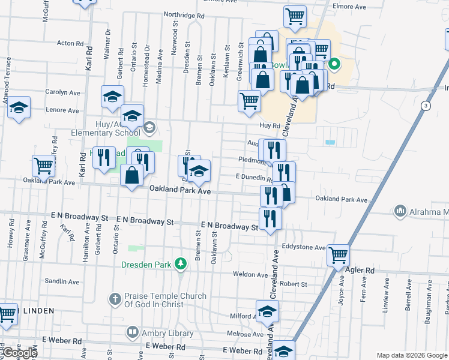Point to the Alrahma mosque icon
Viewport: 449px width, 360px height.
click(400, 211)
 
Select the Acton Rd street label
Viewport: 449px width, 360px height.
click(70, 43)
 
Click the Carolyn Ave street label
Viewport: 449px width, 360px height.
click(62, 92)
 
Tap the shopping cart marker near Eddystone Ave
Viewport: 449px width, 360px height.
click(339, 254)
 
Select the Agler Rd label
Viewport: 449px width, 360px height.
click(361, 271)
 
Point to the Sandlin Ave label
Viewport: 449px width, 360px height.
click(62, 281)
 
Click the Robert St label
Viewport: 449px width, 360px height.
click(294, 284)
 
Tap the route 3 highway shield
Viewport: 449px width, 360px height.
click(426, 106)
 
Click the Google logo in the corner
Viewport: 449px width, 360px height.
click(20, 353)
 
